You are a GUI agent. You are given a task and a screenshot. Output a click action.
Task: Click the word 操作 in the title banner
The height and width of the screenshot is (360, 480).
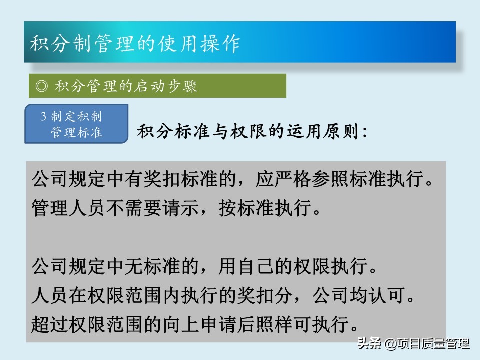pyautogui.click(x=220, y=43)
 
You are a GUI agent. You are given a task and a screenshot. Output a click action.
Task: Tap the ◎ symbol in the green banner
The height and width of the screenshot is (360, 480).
pyautogui.click(x=42, y=86)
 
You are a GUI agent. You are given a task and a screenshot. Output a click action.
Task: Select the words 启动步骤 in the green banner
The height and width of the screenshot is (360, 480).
pyautogui.click(x=166, y=86)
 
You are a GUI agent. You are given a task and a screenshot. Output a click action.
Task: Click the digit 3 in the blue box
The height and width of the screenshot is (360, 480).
pyautogui.click(x=43, y=116)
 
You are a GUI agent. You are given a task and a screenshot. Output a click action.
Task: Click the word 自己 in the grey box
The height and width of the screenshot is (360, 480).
pyautogui.click(x=256, y=266)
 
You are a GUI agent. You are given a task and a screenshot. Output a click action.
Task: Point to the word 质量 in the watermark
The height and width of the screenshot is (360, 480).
pyautogui.click(x=433, y=343)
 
